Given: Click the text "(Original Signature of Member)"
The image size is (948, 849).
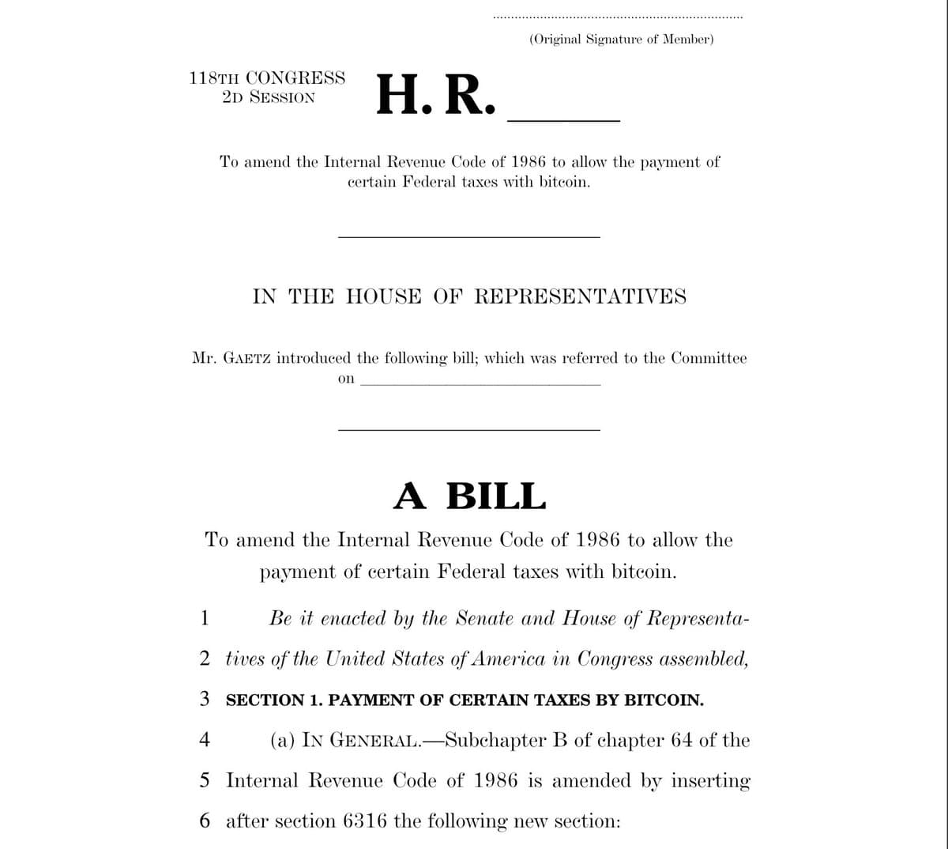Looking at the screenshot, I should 621,39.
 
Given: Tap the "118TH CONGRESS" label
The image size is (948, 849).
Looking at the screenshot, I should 267,78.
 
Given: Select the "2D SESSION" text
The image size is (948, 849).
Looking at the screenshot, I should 269,98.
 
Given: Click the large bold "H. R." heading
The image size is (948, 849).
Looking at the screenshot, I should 436,96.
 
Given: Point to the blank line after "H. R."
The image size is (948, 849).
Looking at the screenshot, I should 563,119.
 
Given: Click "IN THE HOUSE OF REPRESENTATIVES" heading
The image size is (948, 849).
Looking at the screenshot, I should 469,297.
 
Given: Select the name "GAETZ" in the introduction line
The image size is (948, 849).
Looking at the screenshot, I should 248,358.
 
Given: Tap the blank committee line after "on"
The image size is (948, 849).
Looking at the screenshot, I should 480,384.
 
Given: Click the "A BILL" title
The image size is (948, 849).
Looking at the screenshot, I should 469,496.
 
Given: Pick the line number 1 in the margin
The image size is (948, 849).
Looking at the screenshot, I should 205,617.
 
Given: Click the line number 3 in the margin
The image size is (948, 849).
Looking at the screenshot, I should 205,699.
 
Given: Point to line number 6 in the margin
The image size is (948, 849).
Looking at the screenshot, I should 205,821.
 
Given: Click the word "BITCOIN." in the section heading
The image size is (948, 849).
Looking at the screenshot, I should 664,700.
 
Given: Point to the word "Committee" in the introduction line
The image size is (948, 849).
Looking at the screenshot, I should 708,358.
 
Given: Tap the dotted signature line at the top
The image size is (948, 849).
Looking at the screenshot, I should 618,17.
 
